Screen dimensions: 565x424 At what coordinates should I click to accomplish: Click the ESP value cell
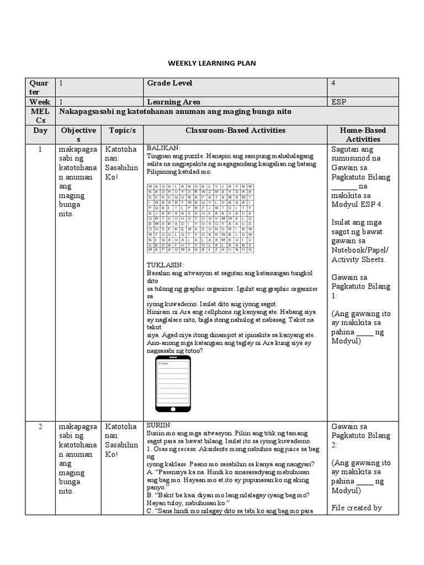click(x=339, y=102)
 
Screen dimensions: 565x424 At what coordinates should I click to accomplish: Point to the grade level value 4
click(x=333, y=83)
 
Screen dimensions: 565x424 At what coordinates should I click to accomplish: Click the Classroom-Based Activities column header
click(x=235, y=131)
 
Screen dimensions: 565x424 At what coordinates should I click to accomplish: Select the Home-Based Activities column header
click(x=363, y=135)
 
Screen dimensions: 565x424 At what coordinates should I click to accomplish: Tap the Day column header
click(x=40, y=131)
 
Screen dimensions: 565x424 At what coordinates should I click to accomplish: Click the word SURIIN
click(x=159, y=426)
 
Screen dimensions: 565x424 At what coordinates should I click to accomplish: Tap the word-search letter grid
click(x=200, y=218)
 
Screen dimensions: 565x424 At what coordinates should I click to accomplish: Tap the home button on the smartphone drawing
click(x=173, y=408)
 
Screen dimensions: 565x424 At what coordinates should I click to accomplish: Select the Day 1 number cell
click(x=40, y=149)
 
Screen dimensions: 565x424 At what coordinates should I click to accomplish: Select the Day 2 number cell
click(x=40, y=427)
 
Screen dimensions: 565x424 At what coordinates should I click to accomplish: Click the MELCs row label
click(x=40, y=116)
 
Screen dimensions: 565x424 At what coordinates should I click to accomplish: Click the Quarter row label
click(x=40, y=87)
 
